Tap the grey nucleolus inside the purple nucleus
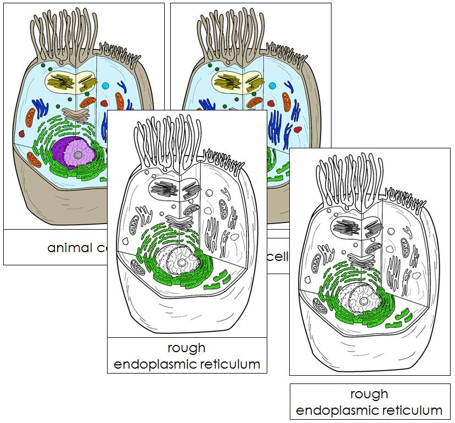pyautogui.click(x=80, y=155)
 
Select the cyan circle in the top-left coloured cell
pyautogui.click(x=105, y=86)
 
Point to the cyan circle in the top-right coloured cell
pyautogui.click(x=272, y=86)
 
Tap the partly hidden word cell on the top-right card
pyautogui.click(x=278, y=257)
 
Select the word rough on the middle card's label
pyautogui.click(x=187, y=348)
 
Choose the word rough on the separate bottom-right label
pyautogui.click(x=369, y=394)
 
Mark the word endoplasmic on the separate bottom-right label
pyautogui.click(x=336, y=410)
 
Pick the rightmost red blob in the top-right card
pyautogui.click(x=297, y=130)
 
